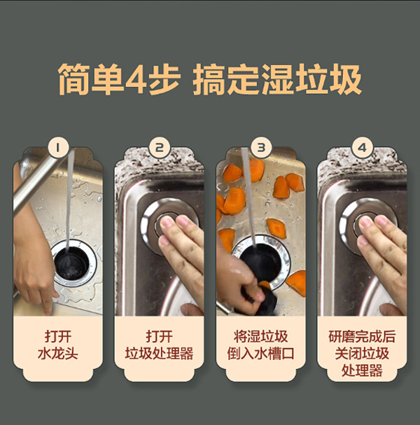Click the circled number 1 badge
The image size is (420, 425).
[57, 148]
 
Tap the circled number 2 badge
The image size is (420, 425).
[159, 148]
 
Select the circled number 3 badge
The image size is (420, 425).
[260, 148]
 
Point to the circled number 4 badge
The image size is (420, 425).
[362, 148]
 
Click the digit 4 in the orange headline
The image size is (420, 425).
[136, 79]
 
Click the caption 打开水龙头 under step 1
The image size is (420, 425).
[57, 345]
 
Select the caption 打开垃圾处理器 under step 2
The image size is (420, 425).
[159, 345]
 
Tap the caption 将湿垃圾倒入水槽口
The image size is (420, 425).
[260, 345]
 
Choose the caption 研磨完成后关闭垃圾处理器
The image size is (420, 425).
[362, 354]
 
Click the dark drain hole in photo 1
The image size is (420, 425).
[71, 263]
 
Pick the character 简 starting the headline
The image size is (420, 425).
[74, 79]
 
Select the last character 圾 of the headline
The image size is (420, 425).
[346, 79]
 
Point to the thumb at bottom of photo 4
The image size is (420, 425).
[390, 309]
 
